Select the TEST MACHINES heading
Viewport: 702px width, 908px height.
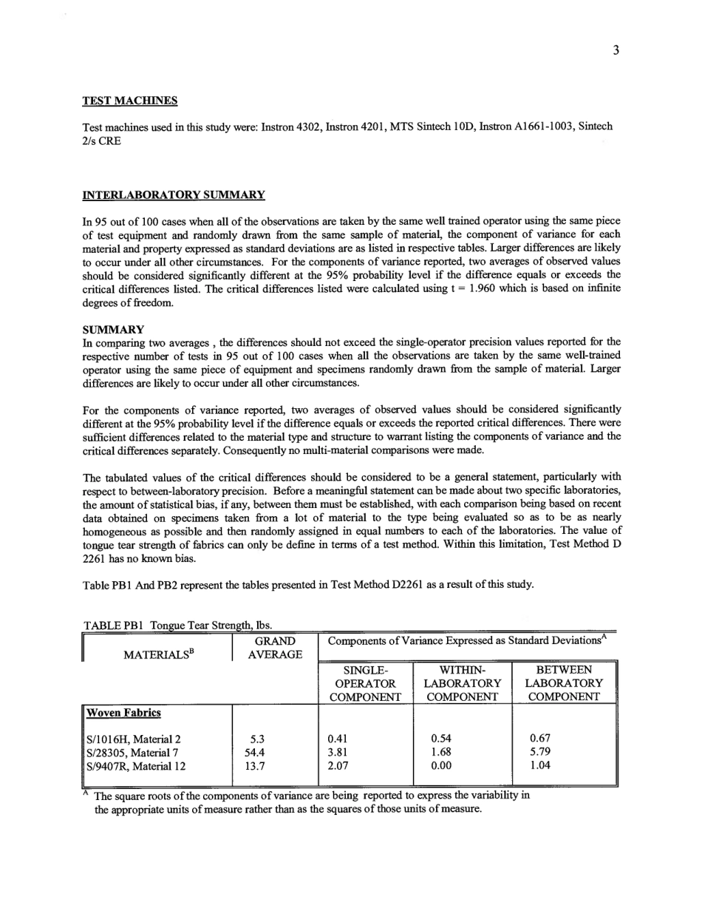129,101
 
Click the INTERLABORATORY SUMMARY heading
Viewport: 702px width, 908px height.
173,195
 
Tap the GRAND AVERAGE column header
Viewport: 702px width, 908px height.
274,648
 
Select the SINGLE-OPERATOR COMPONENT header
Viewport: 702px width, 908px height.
366,683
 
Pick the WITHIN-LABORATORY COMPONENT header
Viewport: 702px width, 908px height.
462,683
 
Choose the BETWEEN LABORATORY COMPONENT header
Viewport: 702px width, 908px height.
563,683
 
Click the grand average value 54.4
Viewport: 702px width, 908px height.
253,752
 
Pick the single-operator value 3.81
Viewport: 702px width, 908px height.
337,752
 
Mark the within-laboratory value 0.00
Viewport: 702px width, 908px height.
441,766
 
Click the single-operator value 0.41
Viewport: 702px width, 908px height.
337,738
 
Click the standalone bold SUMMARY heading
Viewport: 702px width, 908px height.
113,329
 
